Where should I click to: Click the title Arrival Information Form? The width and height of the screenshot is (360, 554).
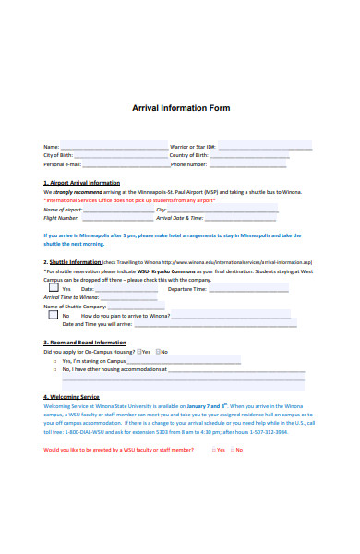[181, 108]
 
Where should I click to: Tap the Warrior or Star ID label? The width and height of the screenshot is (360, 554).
[193, 147]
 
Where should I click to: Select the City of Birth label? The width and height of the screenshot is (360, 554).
[58, 155]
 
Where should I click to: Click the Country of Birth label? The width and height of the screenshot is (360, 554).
[192, 155]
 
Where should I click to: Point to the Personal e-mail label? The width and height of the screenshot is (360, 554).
[63, 164]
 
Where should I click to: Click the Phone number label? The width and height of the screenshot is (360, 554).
[189, 164]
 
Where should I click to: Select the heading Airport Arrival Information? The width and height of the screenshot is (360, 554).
[82, 183]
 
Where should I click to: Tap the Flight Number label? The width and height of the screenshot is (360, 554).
[61, 218]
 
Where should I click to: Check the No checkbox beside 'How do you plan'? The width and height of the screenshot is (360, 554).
[53, 315]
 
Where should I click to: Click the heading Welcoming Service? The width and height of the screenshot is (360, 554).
[71, 396]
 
